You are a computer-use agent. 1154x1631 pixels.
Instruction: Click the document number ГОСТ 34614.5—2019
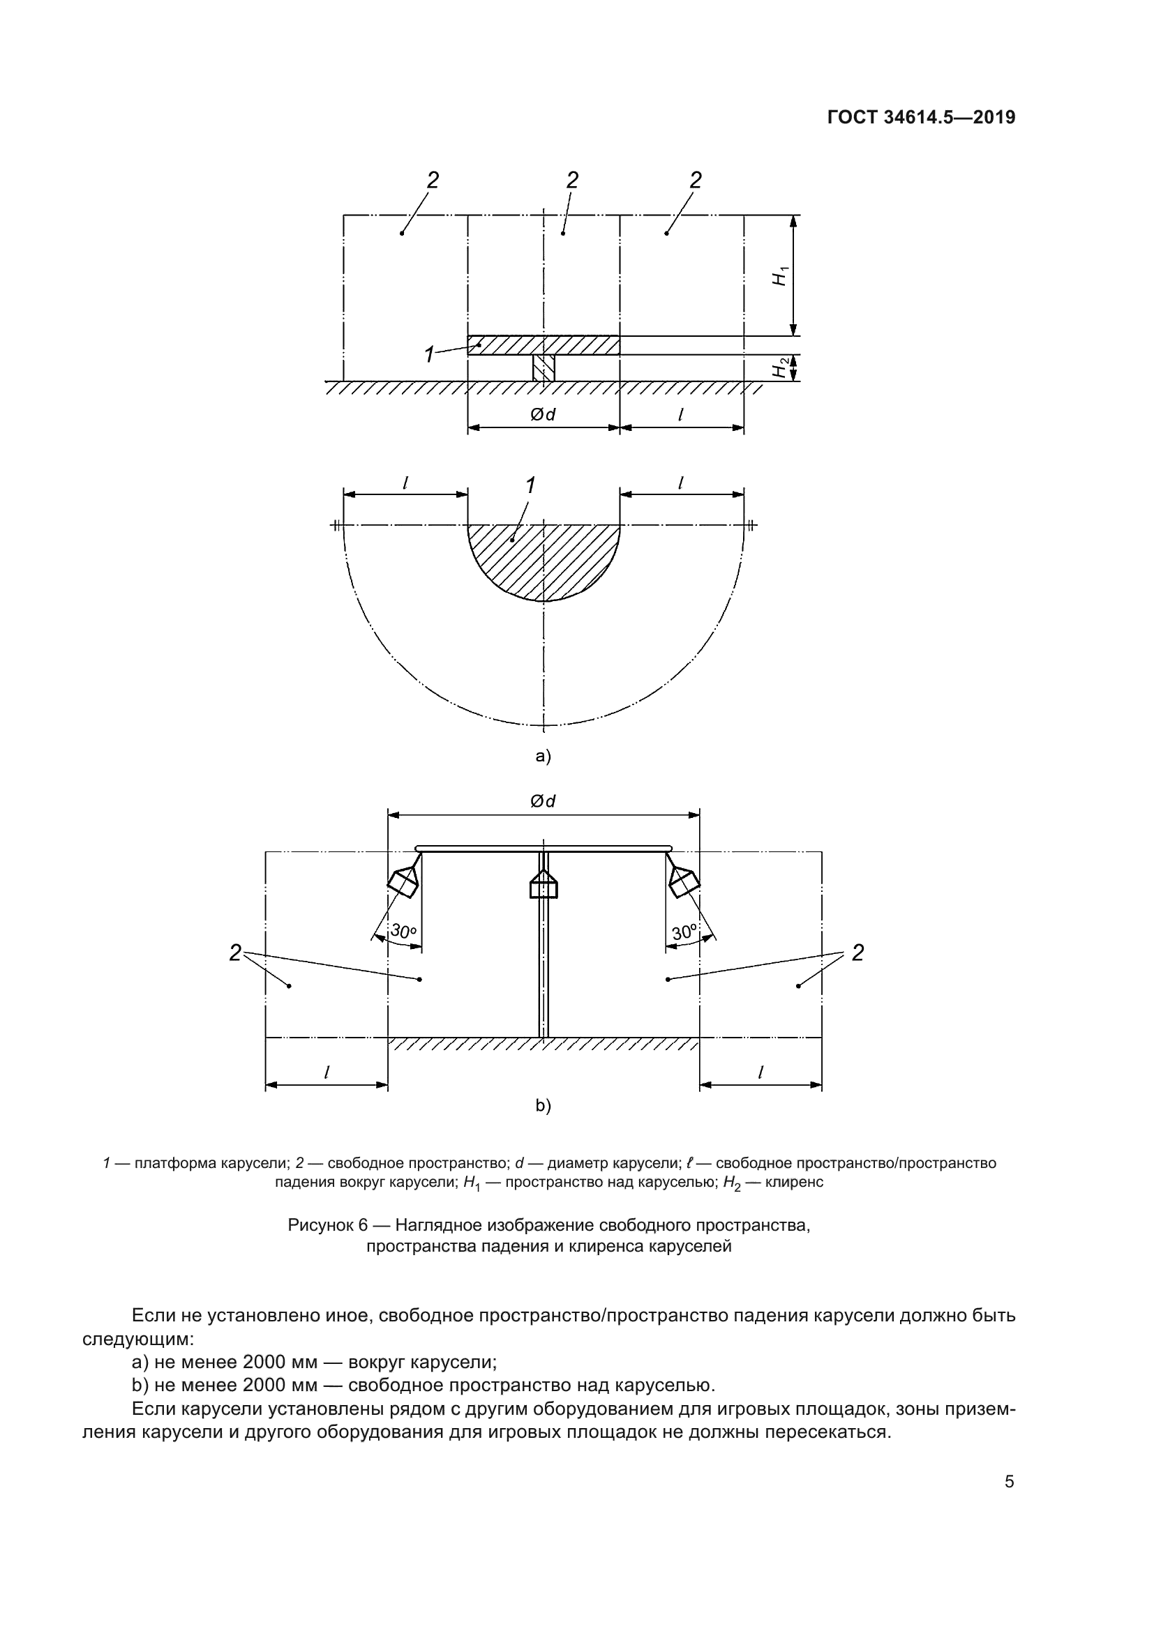point(921,117)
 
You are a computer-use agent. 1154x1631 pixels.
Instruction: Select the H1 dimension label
point(781,275)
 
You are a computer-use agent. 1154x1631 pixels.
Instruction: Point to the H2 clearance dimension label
point(781,368)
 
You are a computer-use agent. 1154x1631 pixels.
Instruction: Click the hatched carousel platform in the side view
point(544,345)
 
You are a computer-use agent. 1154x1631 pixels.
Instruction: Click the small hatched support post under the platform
point(544,368)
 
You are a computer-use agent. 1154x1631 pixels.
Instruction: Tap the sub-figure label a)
point(543,756)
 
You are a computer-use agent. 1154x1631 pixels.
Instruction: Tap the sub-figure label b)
point(543,1105)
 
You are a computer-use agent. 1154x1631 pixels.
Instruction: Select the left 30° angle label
point(403,932)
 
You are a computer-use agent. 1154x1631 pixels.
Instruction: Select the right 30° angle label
point(684,932)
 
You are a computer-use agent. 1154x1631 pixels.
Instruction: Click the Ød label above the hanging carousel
point(543,801)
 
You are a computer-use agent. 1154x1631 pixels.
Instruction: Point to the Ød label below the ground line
point(543,414)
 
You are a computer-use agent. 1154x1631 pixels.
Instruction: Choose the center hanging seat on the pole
point(544,886)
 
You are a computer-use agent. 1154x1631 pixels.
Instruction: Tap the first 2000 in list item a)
point(265,1363)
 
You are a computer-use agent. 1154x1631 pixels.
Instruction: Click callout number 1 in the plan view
point(530,486)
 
